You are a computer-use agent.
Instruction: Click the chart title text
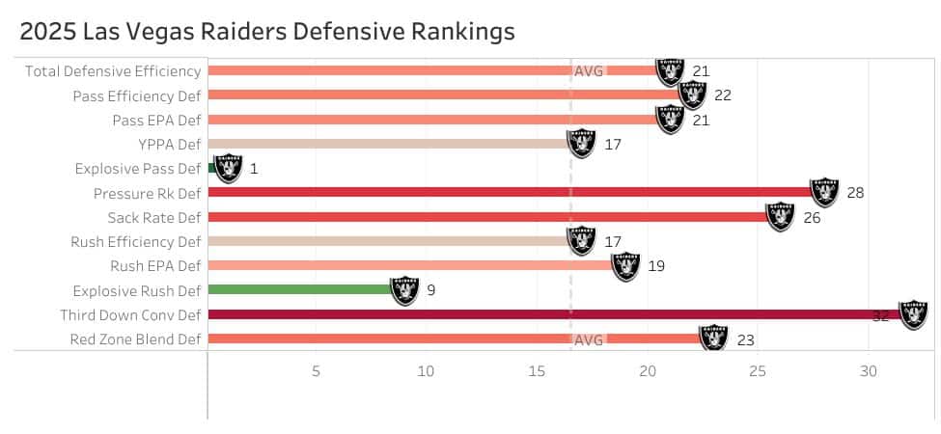[x=267, y=31]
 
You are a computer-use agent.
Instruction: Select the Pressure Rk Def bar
[x=512, y=193]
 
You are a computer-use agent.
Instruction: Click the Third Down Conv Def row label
[x=130, y=315]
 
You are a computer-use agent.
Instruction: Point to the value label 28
[x=855, y=193]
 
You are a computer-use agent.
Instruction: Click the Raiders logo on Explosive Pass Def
[x=228, y=168]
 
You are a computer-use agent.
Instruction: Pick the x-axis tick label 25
[x=758, y=371]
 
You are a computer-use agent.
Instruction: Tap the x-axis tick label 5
[x=316, y=371]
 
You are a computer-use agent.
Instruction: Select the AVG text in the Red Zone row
[x=589, y=339]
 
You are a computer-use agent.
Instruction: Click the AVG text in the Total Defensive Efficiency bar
[x=589, y=70]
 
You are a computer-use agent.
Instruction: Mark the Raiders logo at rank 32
[x=913, y=314]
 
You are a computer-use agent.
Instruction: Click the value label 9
[x=430, y=290]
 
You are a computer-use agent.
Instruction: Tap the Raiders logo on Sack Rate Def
[x=780, y=217]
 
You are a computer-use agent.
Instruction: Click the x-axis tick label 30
[x=869, y=371]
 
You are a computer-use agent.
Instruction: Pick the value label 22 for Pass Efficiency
[x=723, y=95]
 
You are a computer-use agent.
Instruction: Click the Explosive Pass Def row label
[x=138, y=169]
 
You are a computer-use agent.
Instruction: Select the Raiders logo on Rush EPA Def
[x=625, y=266]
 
